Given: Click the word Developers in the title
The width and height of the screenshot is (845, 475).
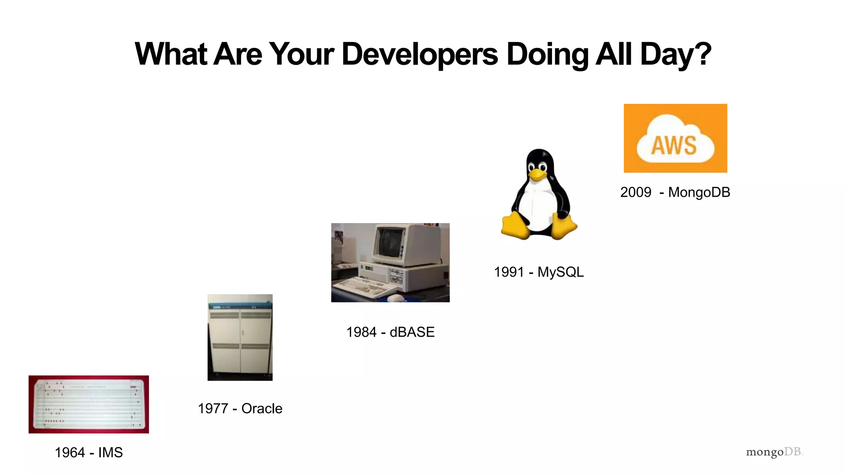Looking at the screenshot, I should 420,54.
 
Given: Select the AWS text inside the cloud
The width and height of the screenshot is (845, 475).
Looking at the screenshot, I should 674,146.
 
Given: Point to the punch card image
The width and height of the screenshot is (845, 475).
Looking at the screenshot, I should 89,404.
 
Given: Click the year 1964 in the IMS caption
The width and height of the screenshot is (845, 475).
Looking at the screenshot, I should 70,452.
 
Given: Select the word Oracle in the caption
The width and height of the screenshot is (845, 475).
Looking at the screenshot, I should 262,408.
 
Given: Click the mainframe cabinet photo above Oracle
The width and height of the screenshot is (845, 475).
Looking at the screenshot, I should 240,337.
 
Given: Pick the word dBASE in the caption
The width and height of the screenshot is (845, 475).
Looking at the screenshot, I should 412,332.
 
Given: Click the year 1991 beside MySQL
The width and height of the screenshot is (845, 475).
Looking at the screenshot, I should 509,272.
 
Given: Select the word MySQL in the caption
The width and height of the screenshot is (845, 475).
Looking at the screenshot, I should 560,272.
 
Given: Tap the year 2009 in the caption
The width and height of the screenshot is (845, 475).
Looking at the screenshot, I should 635,192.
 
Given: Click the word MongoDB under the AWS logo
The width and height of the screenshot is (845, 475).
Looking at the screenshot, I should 699,192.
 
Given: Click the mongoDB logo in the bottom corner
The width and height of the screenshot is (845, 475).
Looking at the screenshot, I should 774,452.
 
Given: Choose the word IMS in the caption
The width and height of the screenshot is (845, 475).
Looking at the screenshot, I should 110,452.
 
